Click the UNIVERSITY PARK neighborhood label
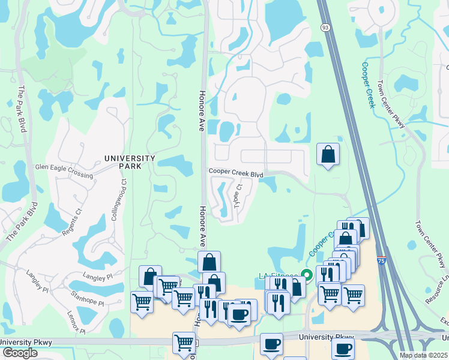[130, 162]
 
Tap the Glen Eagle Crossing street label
[64, 171]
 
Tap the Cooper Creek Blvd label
[236, 173]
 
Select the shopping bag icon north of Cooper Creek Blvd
[328, 155]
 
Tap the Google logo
[19, 353]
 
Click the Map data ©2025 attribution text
[424, 355]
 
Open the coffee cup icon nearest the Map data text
[343, 349]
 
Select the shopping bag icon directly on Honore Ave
[209, 262]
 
